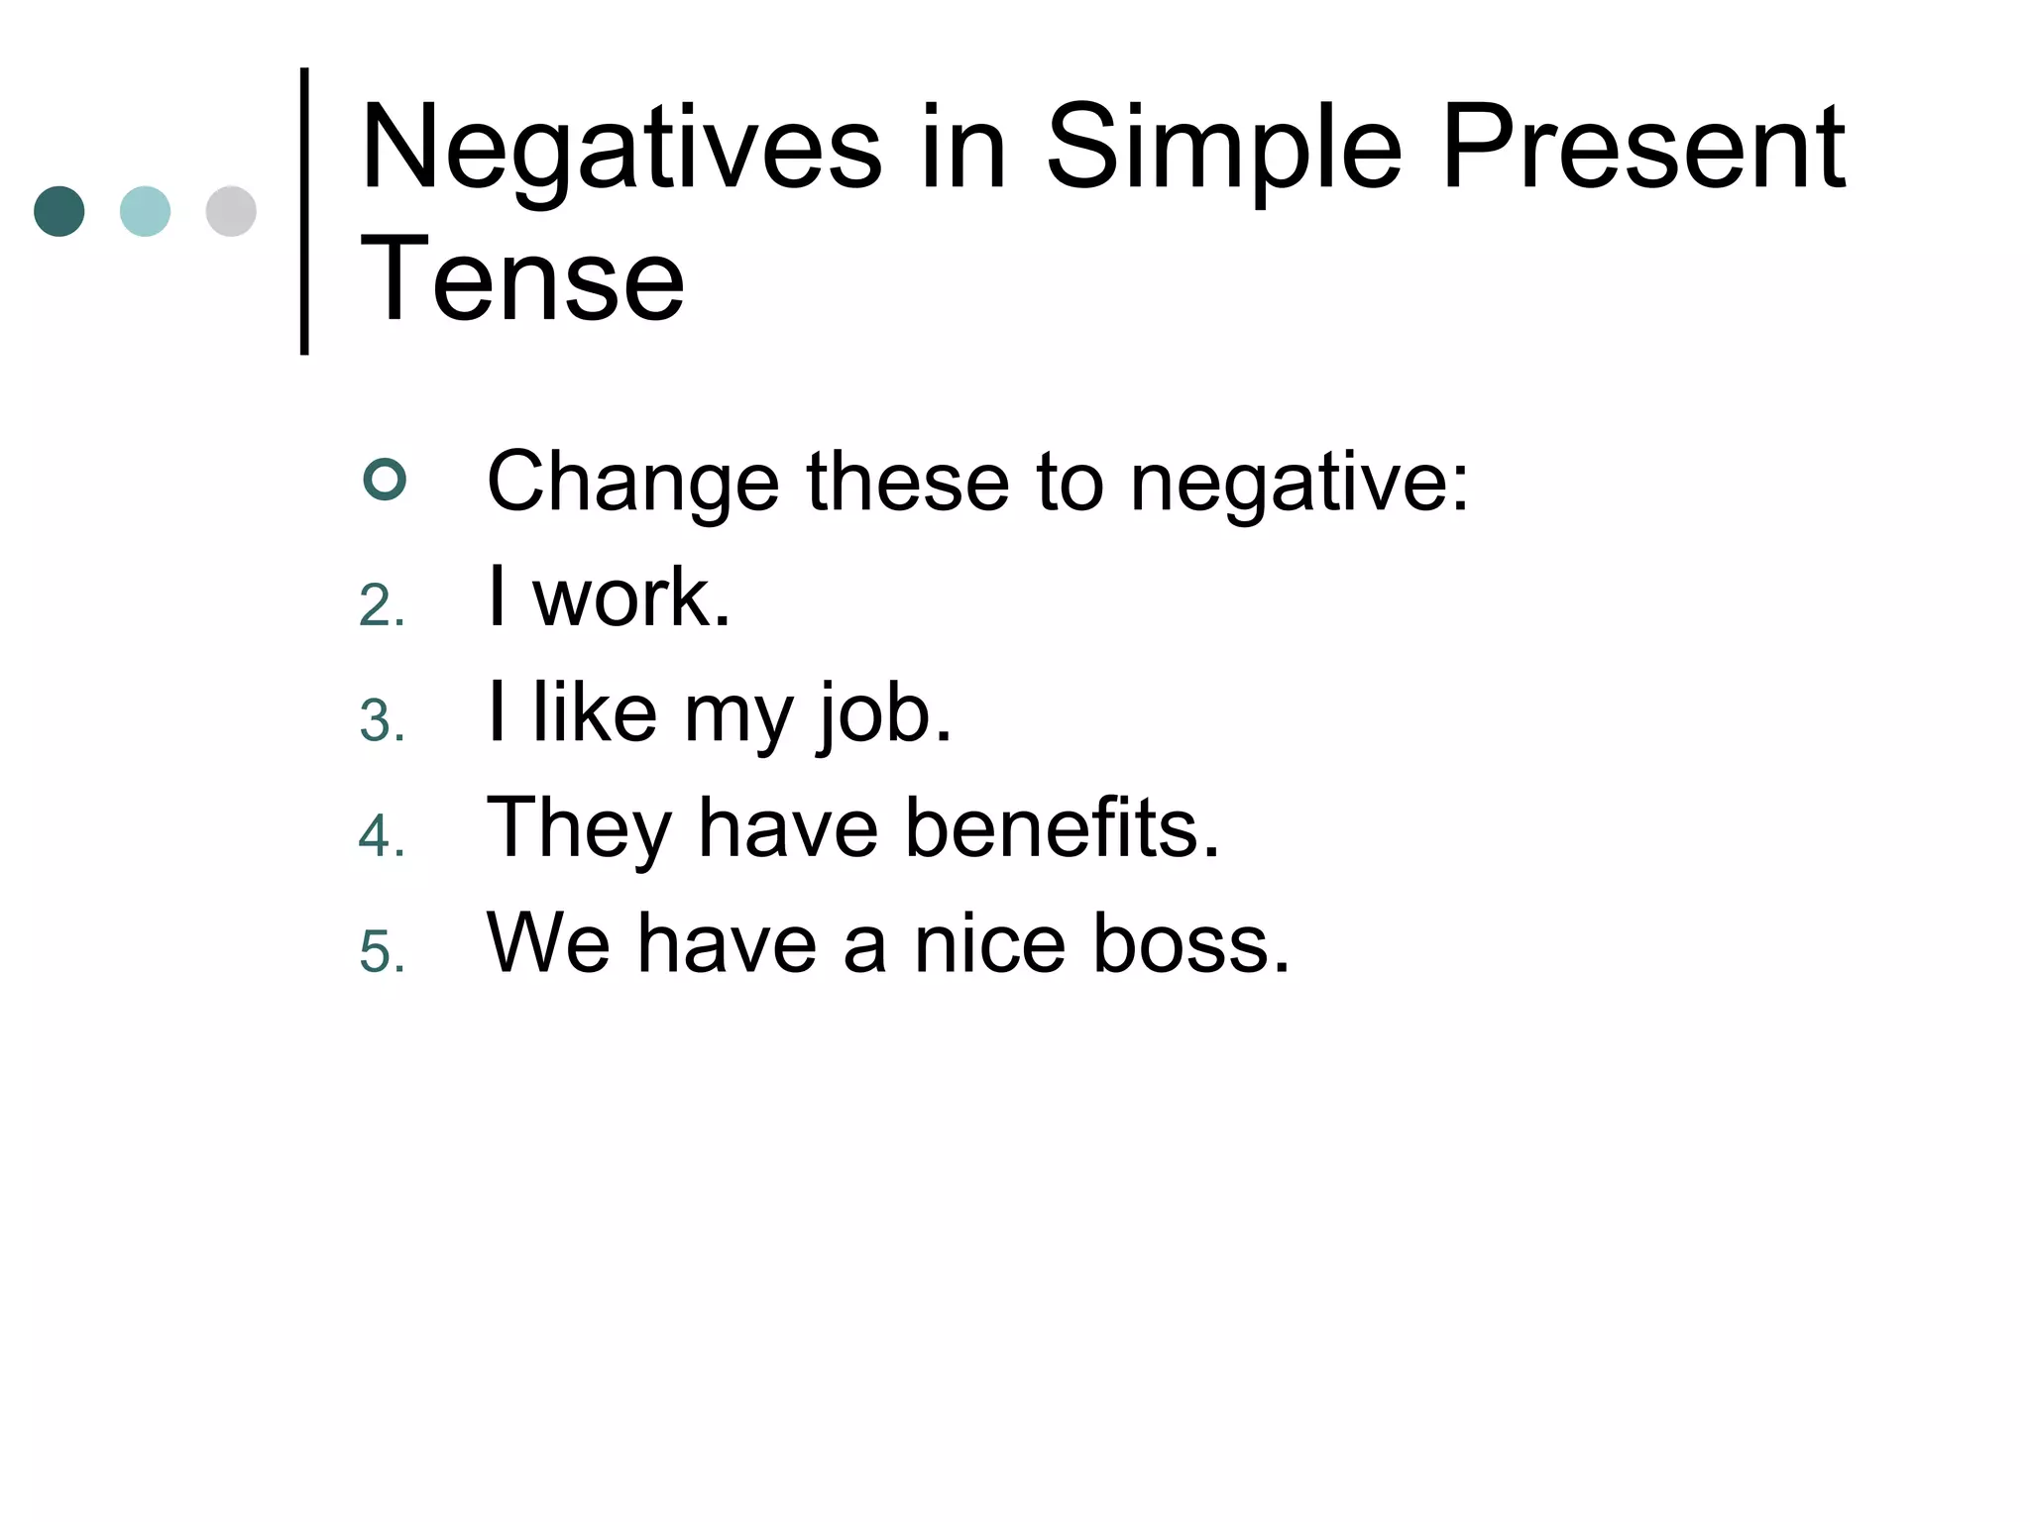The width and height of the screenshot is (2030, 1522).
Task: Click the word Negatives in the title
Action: (621, 149)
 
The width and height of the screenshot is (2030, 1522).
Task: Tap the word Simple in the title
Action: (1224, 149)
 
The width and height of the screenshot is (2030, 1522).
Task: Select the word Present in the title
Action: (1643, 149)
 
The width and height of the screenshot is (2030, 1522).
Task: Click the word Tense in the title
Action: (522, 279)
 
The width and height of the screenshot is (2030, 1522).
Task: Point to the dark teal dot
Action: (59, 211)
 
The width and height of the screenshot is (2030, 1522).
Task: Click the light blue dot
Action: (145, 211)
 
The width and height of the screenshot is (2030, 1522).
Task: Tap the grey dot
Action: (231, 211)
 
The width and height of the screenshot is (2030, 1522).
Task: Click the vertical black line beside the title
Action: (304, 210)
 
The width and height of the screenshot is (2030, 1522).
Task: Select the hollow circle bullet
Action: (385, 481)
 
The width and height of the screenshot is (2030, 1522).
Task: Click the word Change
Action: (632, 483)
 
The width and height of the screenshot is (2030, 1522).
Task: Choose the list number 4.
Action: (382, 835)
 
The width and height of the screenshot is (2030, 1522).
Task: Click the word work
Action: (630, 598)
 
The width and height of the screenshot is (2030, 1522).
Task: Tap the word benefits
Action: (1061, 827)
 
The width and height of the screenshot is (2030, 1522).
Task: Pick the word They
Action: (579, 829)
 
